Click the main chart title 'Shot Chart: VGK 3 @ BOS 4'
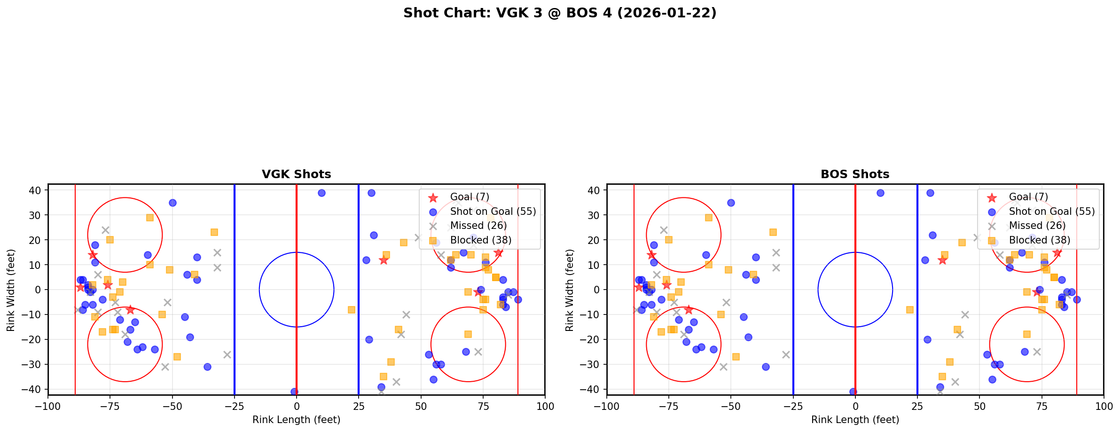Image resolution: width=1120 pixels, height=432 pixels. click(x=560, y=13)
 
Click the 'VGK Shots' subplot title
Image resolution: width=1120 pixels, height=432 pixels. click(x=296, y=174)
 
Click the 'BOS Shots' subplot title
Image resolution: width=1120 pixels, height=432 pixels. click(x=854, y=174)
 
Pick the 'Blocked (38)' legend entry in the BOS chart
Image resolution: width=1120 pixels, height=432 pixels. click(x=1039, y=240)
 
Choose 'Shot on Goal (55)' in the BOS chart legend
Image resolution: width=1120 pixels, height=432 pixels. click(x=1051, y=212)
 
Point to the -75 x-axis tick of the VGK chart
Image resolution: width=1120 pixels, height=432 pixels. click(x=110, y=406)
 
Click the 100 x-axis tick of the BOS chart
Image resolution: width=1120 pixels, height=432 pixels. click(x=1103, y=406)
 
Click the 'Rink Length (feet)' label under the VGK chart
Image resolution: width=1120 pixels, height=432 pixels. click(x=296, y=420)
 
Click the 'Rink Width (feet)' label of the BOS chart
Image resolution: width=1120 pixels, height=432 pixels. click(x=569, y=290)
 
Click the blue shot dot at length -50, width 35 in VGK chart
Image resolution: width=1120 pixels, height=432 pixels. click(x=172, y=203)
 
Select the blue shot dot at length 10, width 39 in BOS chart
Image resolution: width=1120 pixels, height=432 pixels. click(x=880, y=193)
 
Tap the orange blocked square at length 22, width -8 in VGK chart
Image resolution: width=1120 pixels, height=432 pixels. click(x=351, y=310)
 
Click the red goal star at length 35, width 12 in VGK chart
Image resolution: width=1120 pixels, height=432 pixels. click(x=384, y=260)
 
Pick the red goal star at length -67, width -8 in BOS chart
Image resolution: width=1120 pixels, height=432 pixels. click(x=689, y=310)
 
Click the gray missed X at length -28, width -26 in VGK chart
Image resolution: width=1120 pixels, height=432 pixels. click(x=227, y=354)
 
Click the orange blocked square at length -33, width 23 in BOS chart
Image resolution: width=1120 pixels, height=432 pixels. click(x=773, y=232)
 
